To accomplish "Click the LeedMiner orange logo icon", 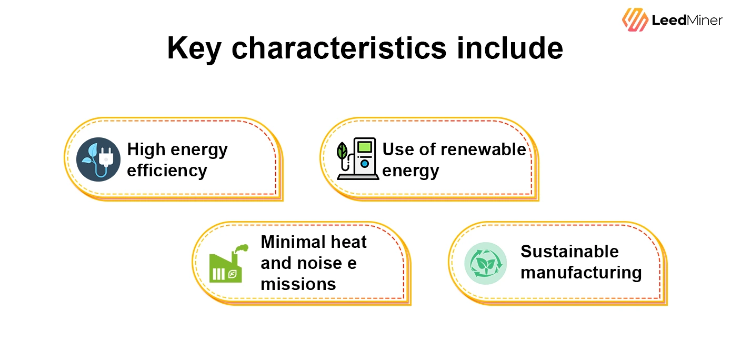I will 635,20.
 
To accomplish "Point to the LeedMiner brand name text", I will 687,21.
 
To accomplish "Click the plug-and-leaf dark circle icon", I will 98,159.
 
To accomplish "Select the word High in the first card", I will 146,149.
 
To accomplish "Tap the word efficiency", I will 167,171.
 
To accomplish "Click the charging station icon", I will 363,159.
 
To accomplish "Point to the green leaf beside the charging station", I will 342,152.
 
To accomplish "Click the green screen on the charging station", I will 364,147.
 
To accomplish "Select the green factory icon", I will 226,266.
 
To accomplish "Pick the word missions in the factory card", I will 298,284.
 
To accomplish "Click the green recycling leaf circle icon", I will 485,263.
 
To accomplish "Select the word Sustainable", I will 569,252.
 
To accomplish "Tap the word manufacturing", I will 581,273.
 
